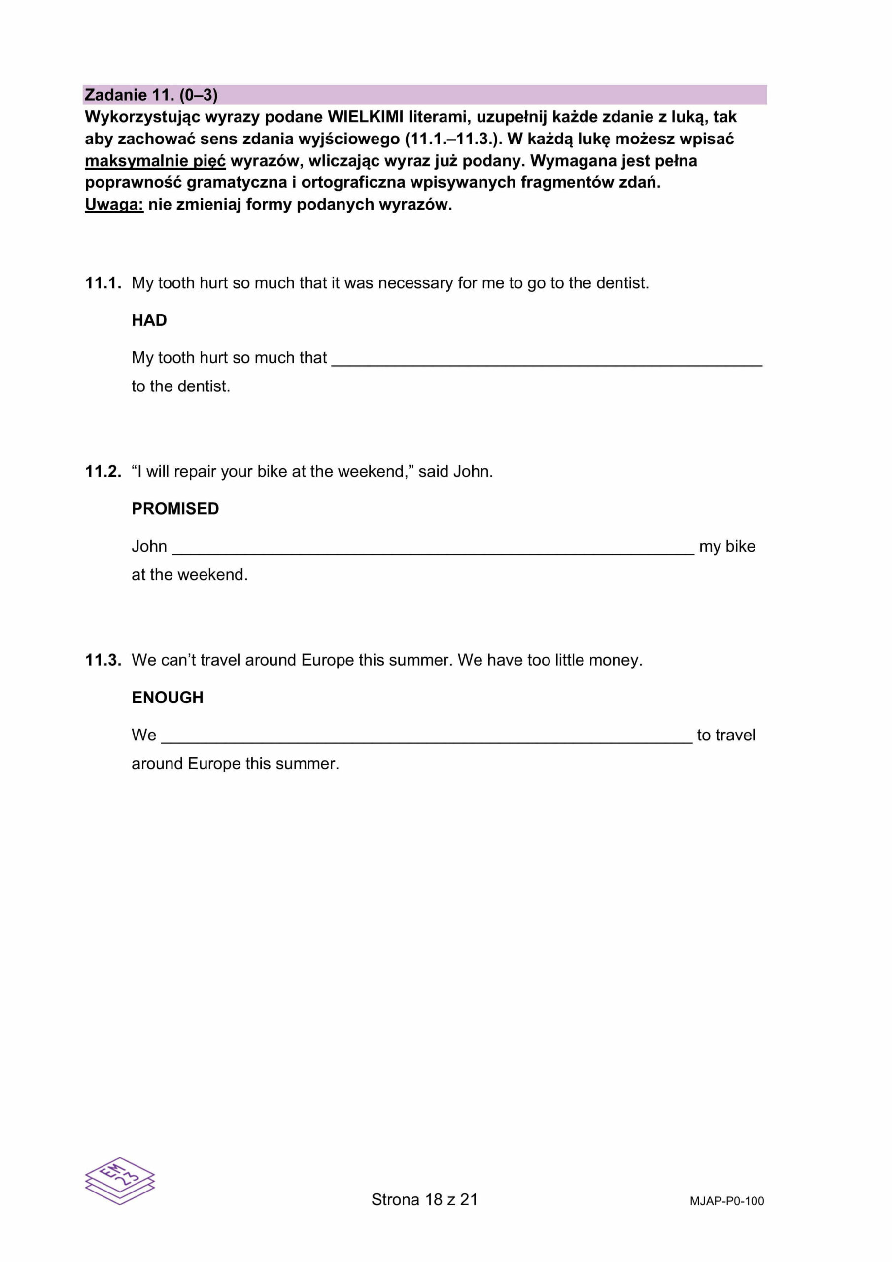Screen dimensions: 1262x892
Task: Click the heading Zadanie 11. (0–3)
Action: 151,95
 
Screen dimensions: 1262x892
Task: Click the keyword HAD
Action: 149,320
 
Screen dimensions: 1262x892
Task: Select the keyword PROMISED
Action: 175,509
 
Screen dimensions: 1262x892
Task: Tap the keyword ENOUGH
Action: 167,698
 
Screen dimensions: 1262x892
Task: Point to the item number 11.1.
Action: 103,283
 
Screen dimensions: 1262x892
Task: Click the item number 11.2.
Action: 103,472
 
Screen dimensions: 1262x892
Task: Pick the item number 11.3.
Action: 103,660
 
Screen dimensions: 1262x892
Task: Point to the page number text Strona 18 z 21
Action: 424,1199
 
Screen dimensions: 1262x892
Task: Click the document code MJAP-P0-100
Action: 726,1201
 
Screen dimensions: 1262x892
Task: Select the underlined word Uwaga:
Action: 114,205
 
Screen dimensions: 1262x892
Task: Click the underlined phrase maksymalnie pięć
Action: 155,161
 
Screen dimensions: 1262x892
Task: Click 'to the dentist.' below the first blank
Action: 181,386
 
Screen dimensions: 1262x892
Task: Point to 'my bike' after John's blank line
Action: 727,546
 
